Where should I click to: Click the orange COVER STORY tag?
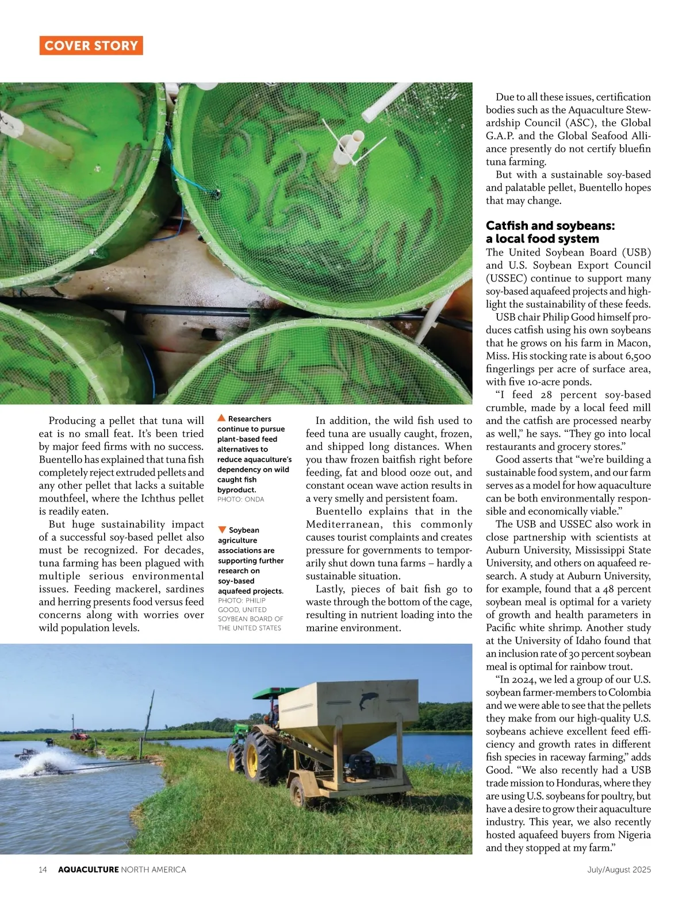click(x=91, y=46)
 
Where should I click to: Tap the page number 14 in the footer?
click(x=43, y=870)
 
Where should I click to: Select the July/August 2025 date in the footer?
click(x=619, y=870)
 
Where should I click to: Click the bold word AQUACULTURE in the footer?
click(x=89, y=870)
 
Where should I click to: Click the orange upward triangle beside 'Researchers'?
click(x=221, y=418)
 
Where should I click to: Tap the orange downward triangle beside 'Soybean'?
click(x=222, y=530)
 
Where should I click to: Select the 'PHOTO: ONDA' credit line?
click(x=240, y=500)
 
